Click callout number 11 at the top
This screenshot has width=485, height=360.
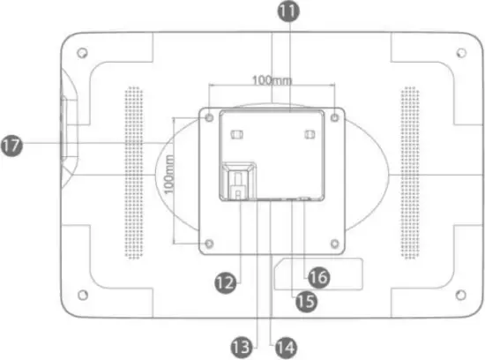point(287,11)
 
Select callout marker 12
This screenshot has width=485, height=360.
point(226,281)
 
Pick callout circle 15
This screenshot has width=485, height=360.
point(305,301)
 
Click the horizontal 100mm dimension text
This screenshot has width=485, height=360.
point(272,80)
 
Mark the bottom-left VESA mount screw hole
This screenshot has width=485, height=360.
point(209,243)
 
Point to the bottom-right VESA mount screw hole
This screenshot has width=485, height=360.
point(334,242)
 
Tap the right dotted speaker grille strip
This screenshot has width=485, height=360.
point(409,173)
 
